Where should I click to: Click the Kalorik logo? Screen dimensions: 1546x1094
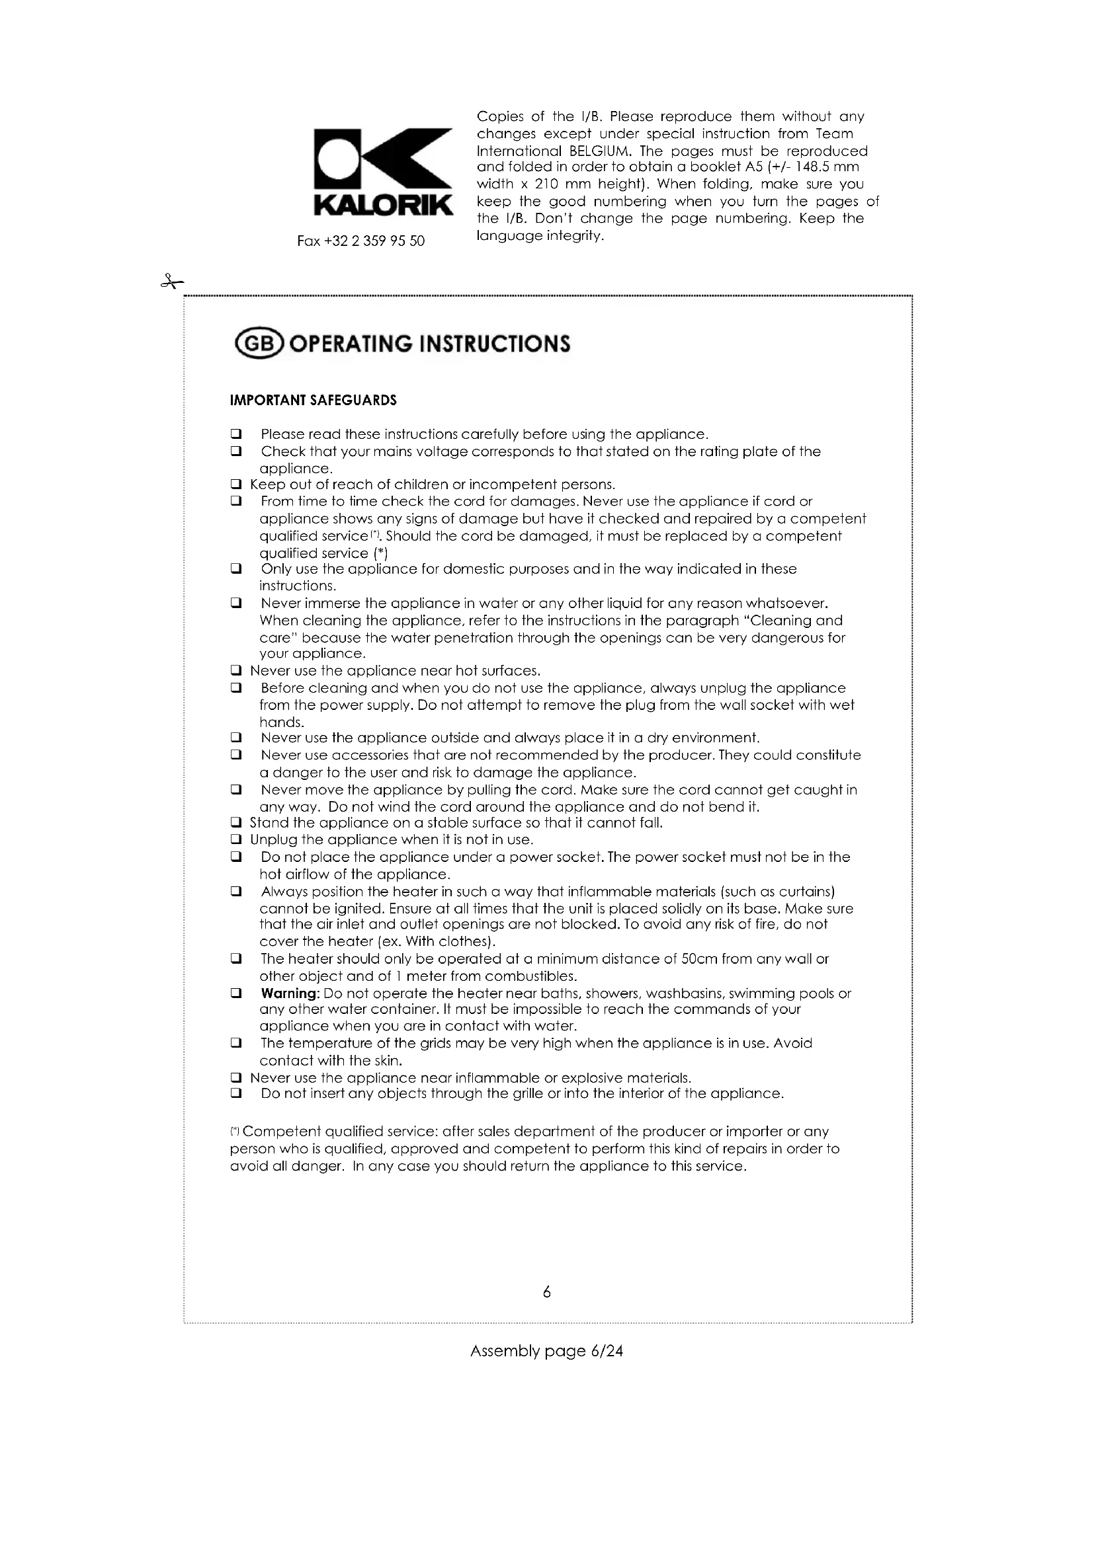pyautogui.click(x=382, y=172)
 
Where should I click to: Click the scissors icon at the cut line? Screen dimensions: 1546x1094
pyautogui.click(x=172, y=282)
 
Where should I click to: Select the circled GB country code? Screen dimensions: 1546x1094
pyautogui.click(x=259, y=344)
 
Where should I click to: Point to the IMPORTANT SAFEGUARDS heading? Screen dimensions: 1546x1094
pyautogui.click(x=314, y=401)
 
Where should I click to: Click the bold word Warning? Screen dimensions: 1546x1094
pyautogui.click(x=289, y=993)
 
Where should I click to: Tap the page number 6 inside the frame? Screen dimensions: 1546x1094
pyautogui.click(x=546, y=1292)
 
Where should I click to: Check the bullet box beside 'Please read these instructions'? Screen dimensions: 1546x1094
pyautogui.click(x=235, y=434)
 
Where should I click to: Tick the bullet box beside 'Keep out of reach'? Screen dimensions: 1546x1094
pyautogui.click(x=235, y=484)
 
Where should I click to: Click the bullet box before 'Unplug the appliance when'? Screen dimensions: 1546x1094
pyautogui.click(x=235, y=839)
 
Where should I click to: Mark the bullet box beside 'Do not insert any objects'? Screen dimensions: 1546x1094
pyautogui.click(x=235, y=1093)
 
